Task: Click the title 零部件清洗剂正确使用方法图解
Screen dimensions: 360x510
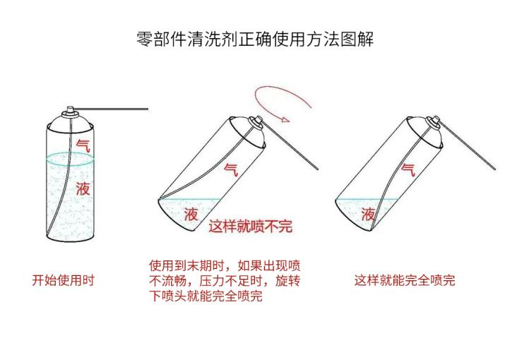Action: pos(254,40)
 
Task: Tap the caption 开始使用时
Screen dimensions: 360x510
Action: pos(64,280)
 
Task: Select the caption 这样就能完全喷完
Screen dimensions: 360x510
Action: pos(404,280)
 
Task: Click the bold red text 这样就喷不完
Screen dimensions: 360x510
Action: pos(249,227)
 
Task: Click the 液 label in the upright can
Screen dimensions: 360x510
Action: pos(83,188)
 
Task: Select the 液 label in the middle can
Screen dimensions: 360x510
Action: pos(191,215)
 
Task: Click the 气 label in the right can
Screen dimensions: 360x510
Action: pos(408,168)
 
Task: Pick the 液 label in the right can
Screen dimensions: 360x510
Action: pos(368,214)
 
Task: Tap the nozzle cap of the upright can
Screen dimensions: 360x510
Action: pos(70,111)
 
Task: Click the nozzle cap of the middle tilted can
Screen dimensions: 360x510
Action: pos(258,122)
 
